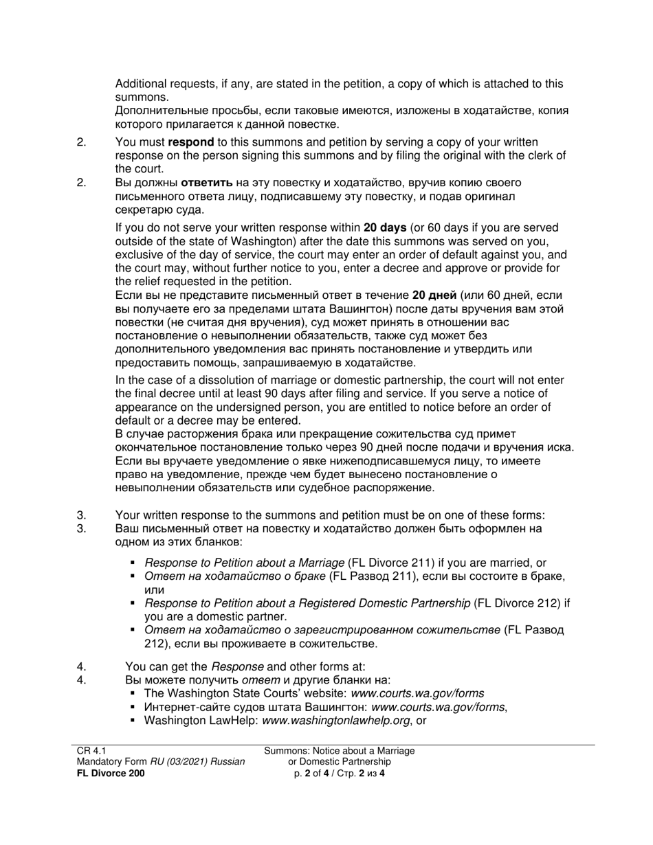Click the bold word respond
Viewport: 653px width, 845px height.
191,142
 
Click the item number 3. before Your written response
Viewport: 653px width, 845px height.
81,515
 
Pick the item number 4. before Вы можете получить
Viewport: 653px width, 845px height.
81,679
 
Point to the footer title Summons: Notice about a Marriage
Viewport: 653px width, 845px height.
340,751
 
